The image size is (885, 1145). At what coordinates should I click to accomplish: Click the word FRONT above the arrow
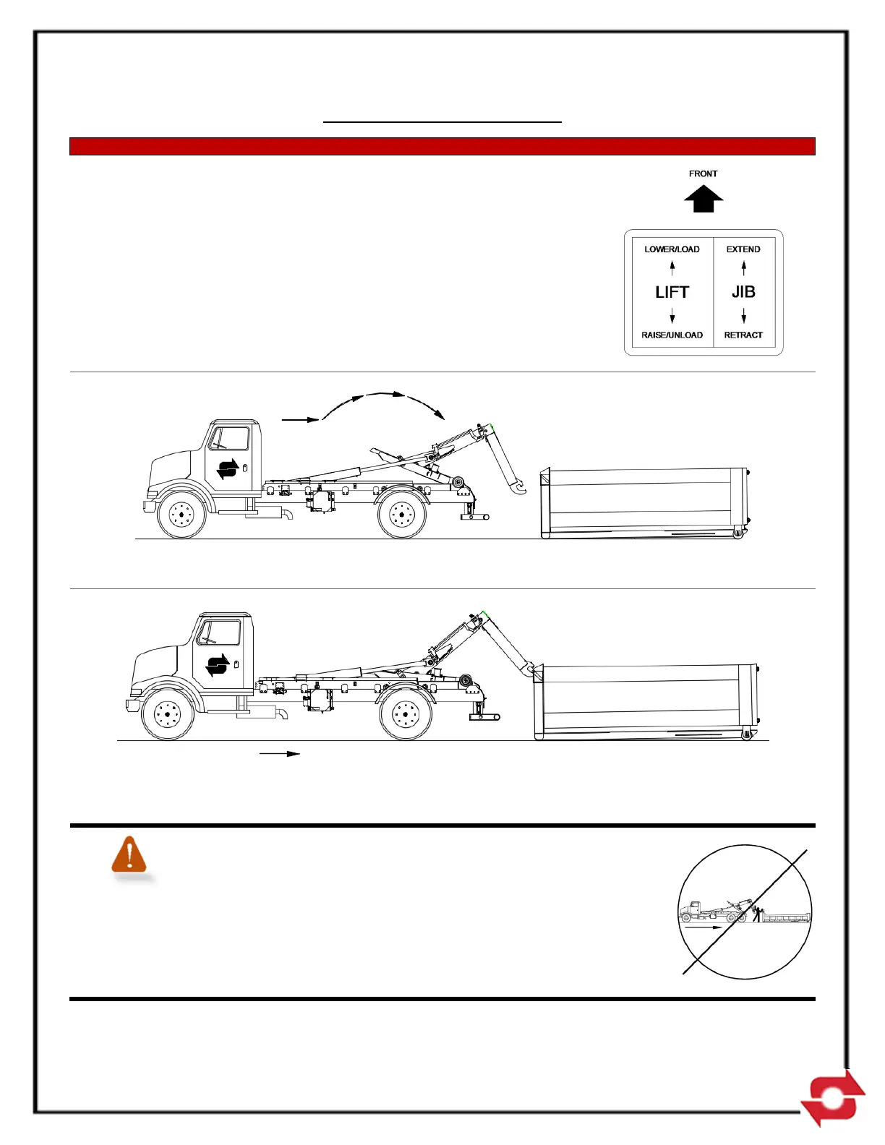[x=703, y=173]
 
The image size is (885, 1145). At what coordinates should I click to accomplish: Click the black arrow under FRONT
[x=704, y=199]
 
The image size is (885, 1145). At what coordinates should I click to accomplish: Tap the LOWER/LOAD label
[x=672, y=249]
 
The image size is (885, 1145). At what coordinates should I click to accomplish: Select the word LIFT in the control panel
[x=672, y=292]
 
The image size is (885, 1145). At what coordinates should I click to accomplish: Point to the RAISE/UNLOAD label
[x=672, y=335]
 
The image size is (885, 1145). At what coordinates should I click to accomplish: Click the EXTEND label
[x=743, y=249]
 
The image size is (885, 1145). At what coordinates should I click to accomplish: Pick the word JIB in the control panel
[x=743, y=292]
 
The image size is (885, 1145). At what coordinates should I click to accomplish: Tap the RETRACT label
[x=743, y=335]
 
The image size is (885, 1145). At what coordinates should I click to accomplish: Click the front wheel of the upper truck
[x=181, y=515]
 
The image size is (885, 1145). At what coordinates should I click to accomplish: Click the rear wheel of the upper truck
[x=402, y=515]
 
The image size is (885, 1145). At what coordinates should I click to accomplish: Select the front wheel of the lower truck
[x=168, y=716]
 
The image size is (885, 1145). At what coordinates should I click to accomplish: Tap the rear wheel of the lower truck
[x=406, y=716]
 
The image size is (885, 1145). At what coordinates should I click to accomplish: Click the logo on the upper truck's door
[x=228, y=469]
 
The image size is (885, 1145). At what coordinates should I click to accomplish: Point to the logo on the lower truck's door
[x=217, y=665]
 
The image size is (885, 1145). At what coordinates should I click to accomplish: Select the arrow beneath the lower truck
[x=280, y=754]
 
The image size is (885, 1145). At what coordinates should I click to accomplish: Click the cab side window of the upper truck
[x=228, y=439]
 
